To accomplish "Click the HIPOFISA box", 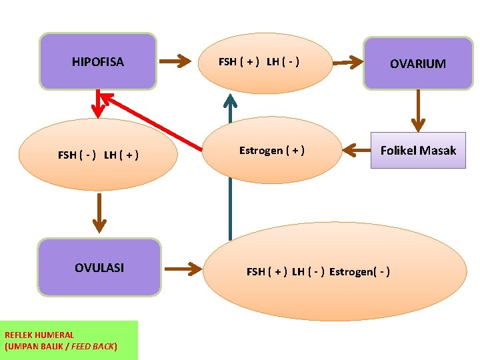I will pos(98,61).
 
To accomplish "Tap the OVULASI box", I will pos(99,267).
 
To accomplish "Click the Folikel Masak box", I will pos(418,151).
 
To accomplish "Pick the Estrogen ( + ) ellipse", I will pos(271,151).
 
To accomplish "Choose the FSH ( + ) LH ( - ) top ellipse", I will pos(259,62).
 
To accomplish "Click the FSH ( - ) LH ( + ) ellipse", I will pos(98,155).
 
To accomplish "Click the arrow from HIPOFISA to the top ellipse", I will pos(177,62).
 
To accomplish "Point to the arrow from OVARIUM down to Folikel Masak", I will pos(418,111).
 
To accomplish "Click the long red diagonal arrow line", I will pos(153,120).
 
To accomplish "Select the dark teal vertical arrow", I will pos(230,167).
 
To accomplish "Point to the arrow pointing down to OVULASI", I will pos(99,213).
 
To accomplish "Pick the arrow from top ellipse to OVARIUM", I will pos(346,63).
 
